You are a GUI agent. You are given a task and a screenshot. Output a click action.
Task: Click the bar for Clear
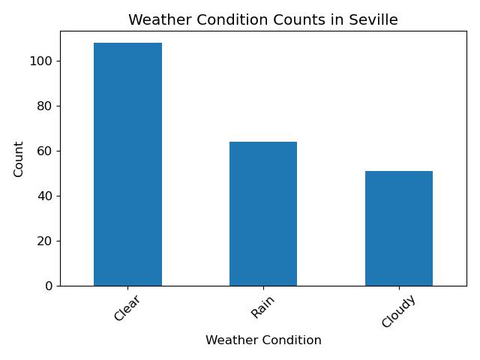click(127, 164)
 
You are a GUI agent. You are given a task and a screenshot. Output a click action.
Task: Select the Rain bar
click(263, 214)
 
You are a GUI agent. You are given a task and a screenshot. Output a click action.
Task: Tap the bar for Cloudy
click(399, 229)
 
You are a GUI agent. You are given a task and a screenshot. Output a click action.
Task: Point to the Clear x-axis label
click(127, 307)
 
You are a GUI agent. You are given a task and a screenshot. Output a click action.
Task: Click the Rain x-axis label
click(262, 307)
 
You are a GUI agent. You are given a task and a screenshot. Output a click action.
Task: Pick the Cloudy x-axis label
click(398, 311)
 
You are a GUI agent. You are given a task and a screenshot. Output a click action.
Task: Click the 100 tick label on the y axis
click(41, 61)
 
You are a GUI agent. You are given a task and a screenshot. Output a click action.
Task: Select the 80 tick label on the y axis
click(45, 106)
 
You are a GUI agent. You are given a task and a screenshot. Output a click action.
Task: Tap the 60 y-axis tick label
click(45, 151)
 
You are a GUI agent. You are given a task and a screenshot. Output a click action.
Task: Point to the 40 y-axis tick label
click(45, 196)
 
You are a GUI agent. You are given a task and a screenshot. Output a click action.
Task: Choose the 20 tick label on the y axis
click(45, 241)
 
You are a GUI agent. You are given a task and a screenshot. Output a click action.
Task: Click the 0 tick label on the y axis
click(49, 286)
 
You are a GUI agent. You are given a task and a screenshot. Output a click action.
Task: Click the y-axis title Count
click(18, 159)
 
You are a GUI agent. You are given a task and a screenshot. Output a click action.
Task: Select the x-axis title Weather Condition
click(263, 340)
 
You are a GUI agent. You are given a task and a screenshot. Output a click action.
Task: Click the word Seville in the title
click(373, 20)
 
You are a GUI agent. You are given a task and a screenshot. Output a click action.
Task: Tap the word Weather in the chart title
click(159, 20)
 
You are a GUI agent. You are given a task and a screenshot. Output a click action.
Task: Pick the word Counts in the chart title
click(299, 20)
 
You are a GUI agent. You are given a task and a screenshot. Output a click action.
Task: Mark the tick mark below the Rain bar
click(263, 288)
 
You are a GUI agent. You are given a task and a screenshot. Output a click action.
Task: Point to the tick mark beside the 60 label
click(58, 151)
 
